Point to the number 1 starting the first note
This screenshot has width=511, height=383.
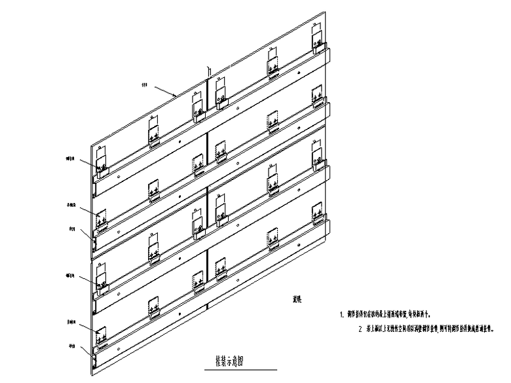[x=342, y=314]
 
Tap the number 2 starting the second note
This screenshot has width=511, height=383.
[x=360, y=329]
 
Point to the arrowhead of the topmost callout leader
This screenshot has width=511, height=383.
[x=176, y=96]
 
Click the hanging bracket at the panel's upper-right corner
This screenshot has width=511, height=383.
[x=317, y=41]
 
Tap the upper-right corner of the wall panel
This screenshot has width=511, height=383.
[x=325, y=10]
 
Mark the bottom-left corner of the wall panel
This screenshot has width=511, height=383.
[x=90, y=374]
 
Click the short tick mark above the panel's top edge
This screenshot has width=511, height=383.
[x=208, y=70]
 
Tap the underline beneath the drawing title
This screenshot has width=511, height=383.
[x=230, y=367]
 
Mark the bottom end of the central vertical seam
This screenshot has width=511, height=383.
[x=208, y=307]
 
